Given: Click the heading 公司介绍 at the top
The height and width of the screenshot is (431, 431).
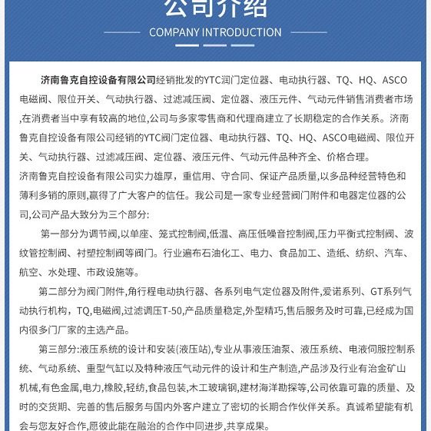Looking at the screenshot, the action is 215,8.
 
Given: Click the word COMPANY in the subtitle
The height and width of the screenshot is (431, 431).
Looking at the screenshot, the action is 174,32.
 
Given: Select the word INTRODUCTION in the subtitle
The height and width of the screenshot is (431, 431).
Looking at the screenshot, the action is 241,32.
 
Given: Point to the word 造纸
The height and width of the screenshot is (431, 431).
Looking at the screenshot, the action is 336,253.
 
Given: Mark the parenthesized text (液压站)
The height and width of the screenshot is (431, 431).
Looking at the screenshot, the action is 184,349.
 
